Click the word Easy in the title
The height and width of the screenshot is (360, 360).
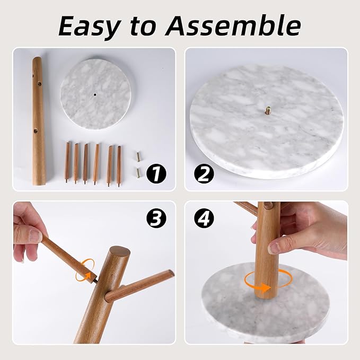click(x=90, y=27)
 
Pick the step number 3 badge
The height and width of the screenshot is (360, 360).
click(x=156, y=218)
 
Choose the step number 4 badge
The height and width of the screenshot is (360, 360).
click(x=204, y=218)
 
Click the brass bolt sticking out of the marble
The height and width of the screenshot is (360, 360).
click(x=268, y=110)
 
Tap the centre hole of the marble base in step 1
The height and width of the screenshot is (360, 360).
click(x=95, y=94)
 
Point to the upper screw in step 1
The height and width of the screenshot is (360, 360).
click(x=138, y=157)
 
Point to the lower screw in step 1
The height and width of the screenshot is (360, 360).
click(x=138, y=173)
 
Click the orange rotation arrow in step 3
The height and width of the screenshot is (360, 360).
click(x=85, y=270)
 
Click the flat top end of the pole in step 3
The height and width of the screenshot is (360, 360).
click(x=120, y=252)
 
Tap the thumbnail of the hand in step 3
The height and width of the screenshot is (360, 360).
click(x=34, y=235)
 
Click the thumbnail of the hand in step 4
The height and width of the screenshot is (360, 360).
click(x=276, y=248)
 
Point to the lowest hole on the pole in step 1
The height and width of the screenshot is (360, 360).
click(x=36, y=131)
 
